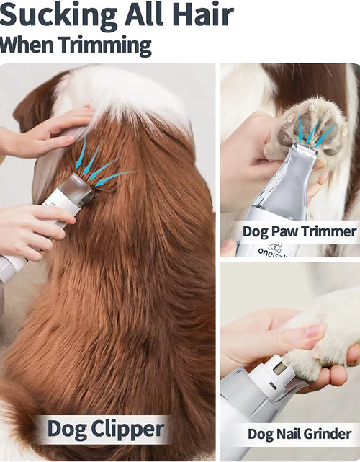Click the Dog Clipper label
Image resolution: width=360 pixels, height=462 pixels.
(x=106, y=430)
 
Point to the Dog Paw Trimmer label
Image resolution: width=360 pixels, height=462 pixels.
(x=300, y=231)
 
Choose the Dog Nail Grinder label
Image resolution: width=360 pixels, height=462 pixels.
(x=300, y=434)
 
